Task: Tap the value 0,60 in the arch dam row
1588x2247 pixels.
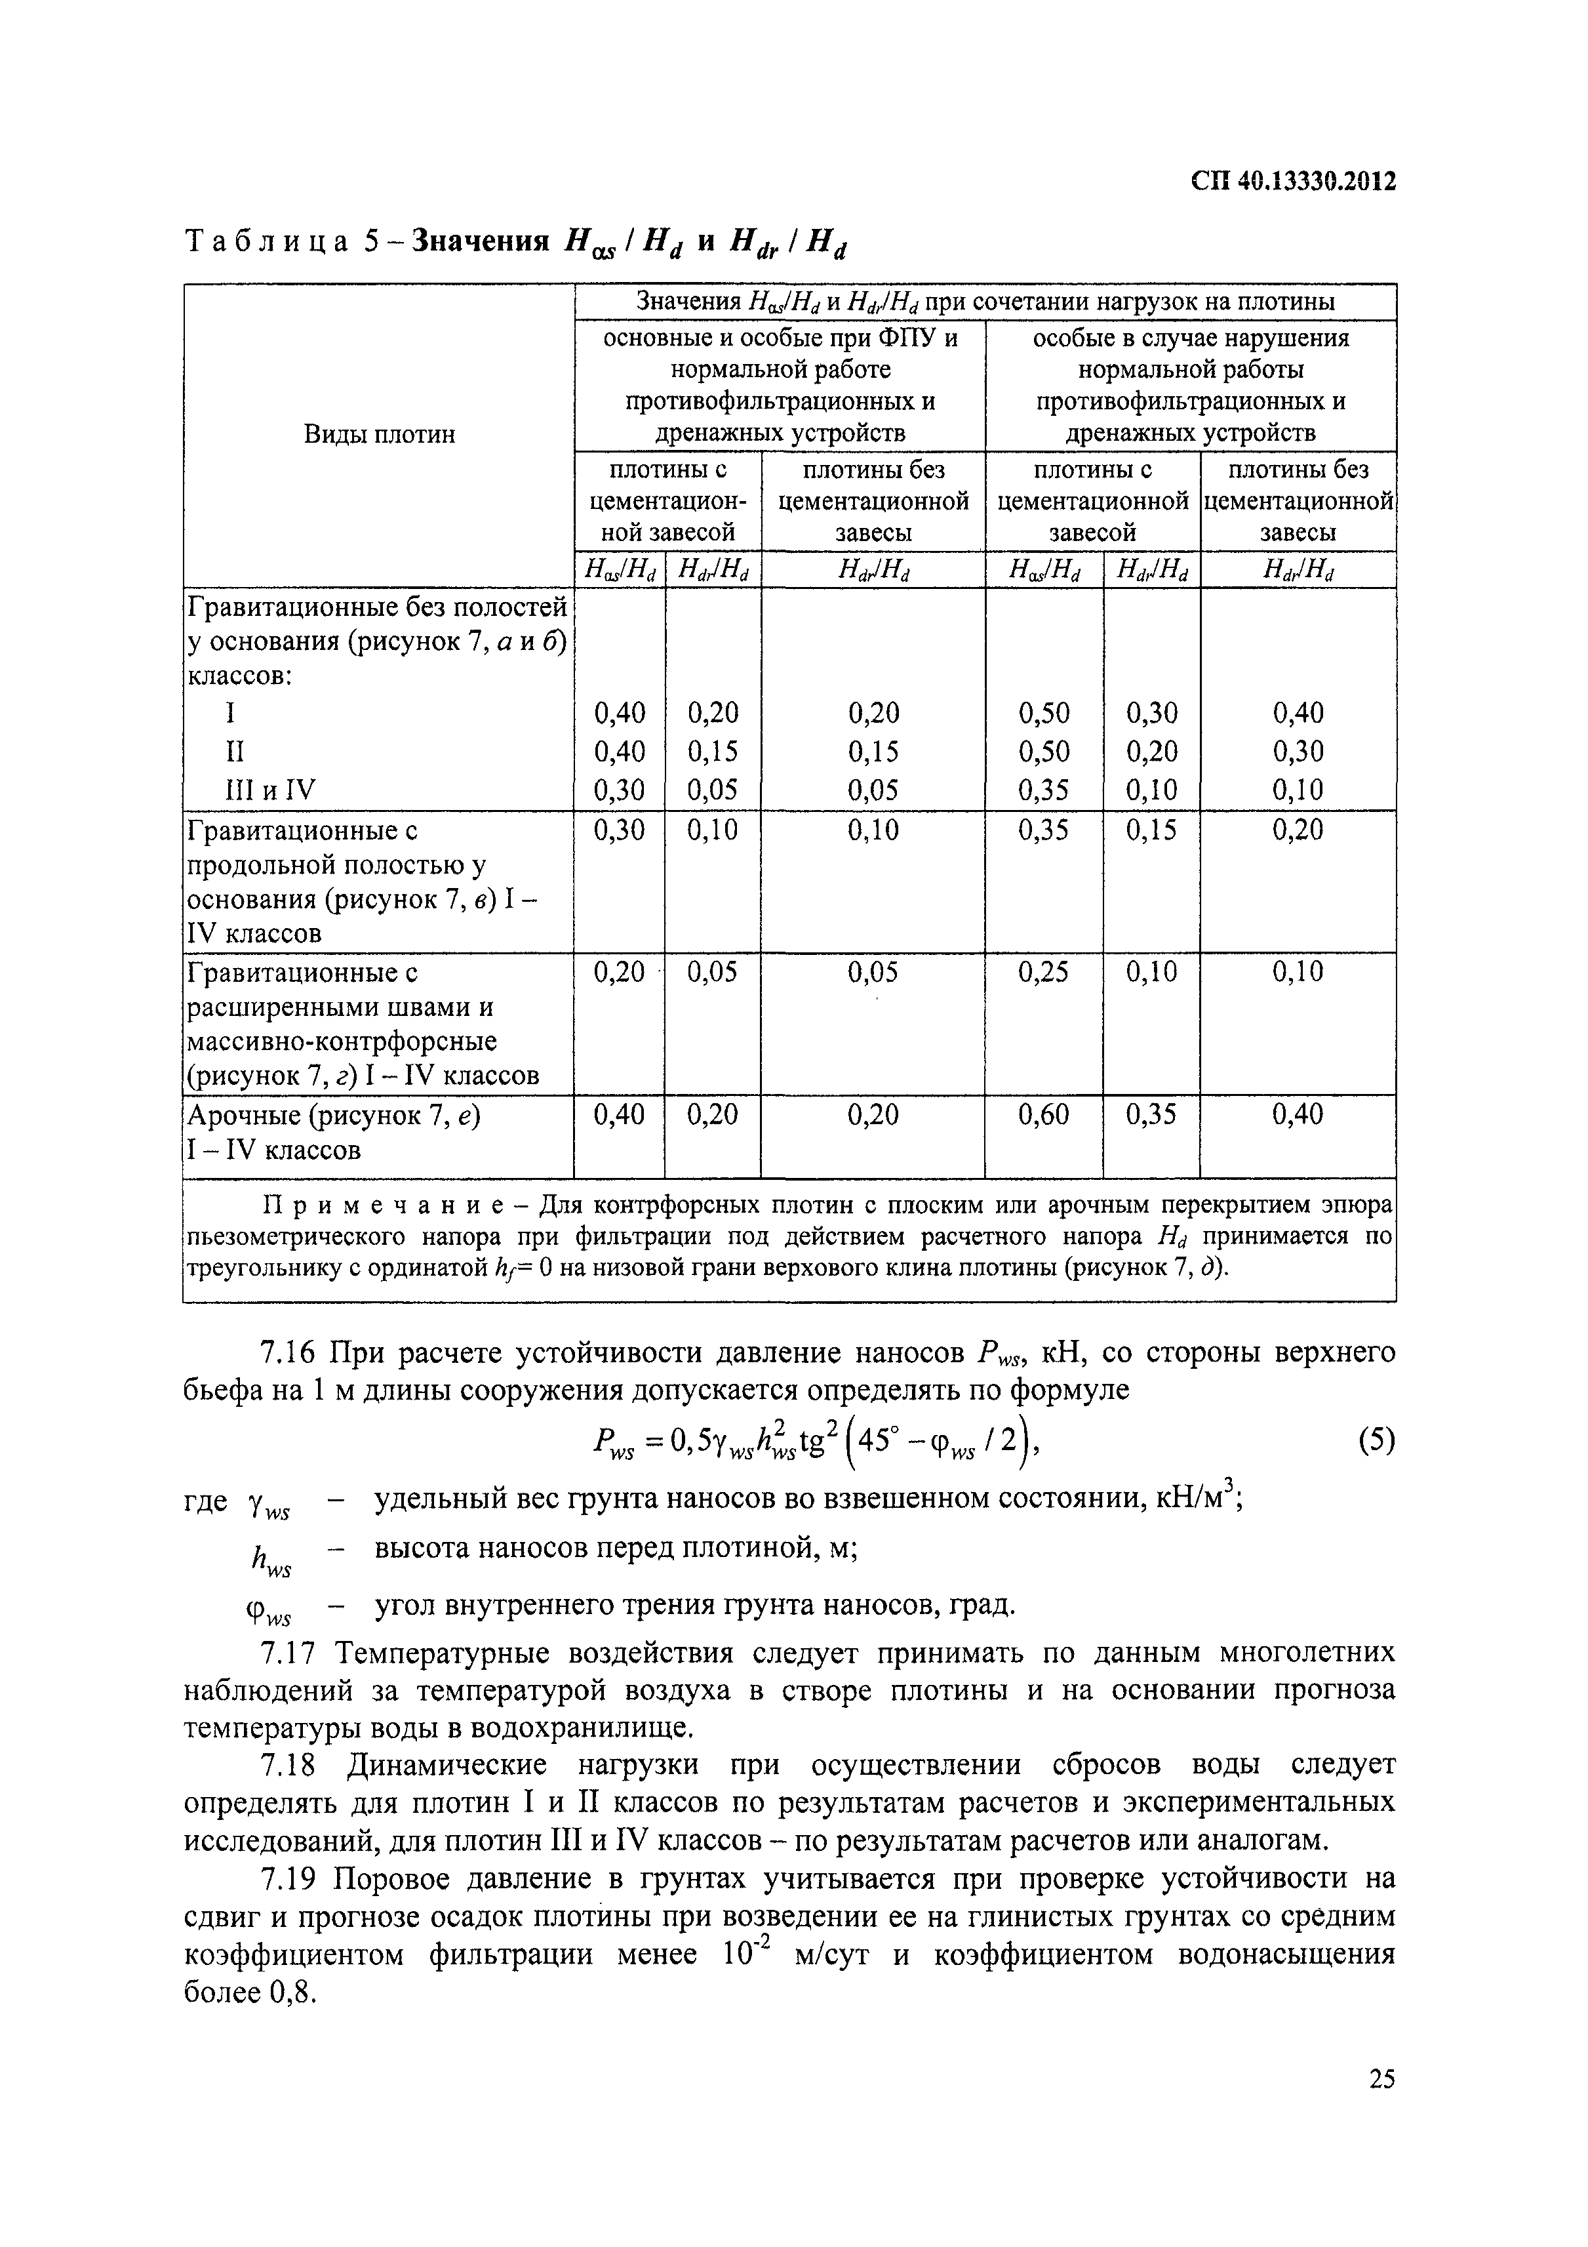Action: click(x=1043, y=1114)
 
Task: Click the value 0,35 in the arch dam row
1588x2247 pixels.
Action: click(x=1151, y=1114)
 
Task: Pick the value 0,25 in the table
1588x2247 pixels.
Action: click(x=1043, y=972)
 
